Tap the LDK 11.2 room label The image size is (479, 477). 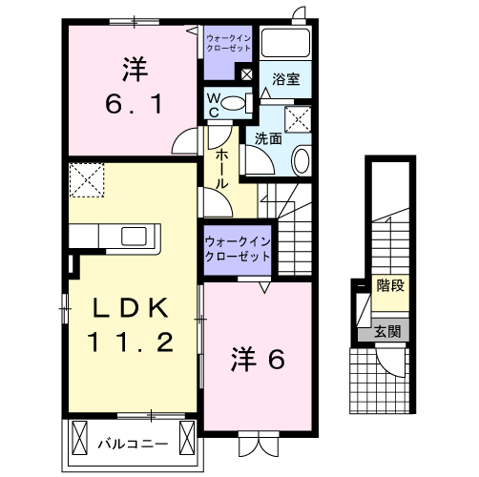(132, 324)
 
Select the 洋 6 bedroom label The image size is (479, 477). (257, 361)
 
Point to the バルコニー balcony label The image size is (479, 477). (133, 444)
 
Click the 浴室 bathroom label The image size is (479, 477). (285, 80)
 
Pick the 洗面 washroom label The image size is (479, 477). (267, 138)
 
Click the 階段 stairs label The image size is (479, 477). (389, 284)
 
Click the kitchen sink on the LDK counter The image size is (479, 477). (132, 235)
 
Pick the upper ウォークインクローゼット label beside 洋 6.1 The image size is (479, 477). (229, 42)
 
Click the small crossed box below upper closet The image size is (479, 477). (246, 73)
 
